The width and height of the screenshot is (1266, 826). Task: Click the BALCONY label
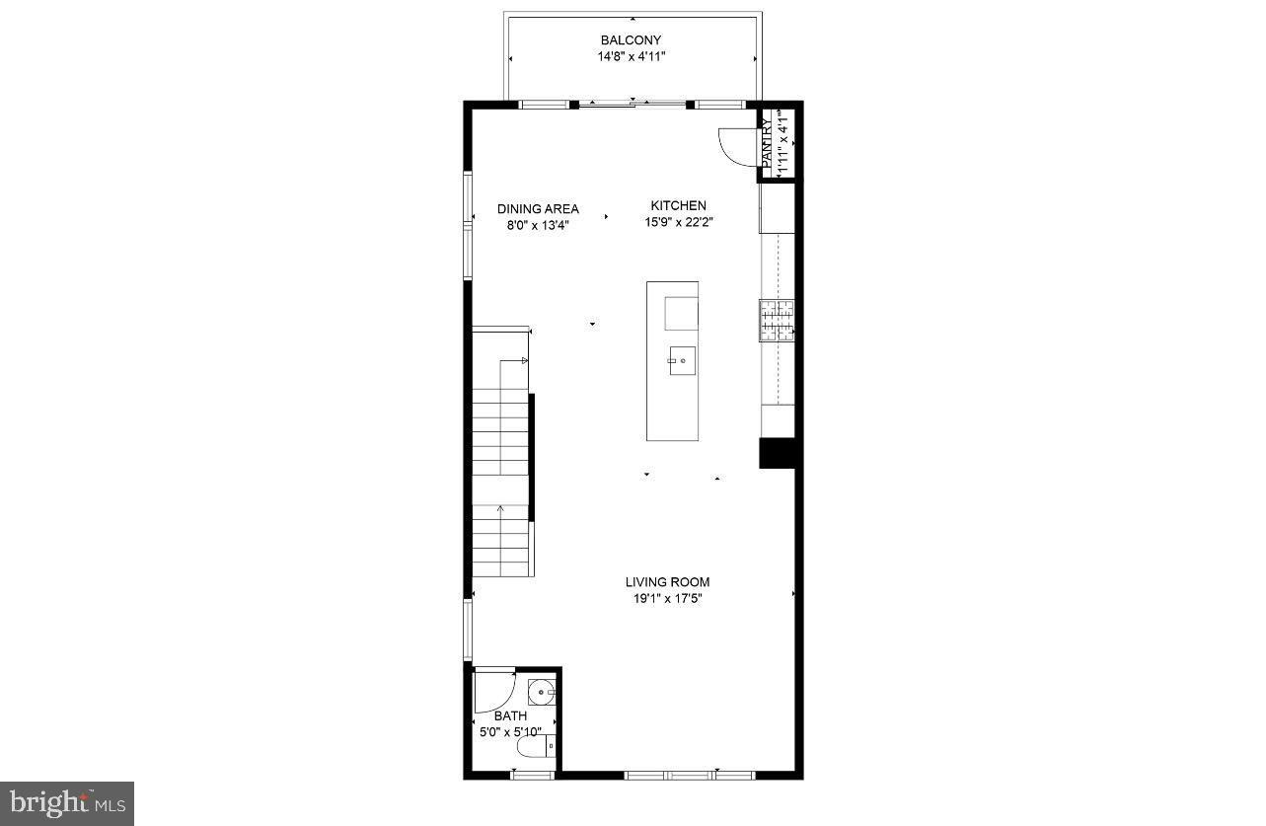(631, 40)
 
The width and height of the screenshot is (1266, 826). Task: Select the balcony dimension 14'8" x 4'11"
(631, 56)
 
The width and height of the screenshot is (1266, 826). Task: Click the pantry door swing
(735, 147)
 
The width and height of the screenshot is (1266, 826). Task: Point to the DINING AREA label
(538, 209)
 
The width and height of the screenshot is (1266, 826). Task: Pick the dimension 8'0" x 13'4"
(538, 225)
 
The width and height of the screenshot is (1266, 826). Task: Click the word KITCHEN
(677, 205)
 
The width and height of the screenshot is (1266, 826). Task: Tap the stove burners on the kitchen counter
(777, 321)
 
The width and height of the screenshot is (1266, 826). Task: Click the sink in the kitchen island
(680, 361)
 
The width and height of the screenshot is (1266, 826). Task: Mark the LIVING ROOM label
(667, 582)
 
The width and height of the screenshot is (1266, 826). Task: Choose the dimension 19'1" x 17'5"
(667, 598)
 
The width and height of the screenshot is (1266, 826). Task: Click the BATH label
(510, 715)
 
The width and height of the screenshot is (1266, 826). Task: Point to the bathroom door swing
(493, 691)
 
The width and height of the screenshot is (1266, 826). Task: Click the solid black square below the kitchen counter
(777, 453)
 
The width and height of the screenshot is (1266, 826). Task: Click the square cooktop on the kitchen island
(680, 313)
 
